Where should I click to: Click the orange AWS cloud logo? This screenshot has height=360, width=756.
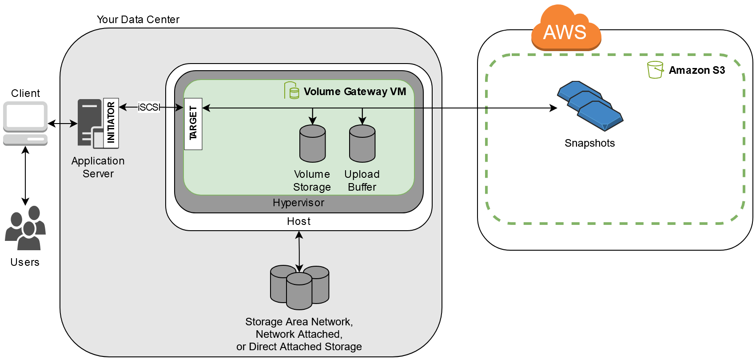565,29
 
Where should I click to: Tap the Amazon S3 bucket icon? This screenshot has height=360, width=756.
655,70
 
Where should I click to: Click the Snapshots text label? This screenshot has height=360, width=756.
589,143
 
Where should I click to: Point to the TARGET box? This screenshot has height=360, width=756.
193,124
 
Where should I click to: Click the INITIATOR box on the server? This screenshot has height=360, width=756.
111,123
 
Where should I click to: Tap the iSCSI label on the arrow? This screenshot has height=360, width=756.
148,107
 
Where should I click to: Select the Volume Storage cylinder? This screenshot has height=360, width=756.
312,144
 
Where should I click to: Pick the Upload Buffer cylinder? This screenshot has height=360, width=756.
362,144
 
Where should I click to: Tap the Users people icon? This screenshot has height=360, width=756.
25,228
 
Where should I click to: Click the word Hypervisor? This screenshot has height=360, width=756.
298,203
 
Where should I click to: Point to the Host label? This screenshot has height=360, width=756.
298,221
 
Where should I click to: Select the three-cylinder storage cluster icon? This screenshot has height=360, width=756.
299,287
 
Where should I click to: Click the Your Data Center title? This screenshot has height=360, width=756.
138,20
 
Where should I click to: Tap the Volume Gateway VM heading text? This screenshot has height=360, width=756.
354,92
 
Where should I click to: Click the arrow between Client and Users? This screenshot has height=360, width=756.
25,176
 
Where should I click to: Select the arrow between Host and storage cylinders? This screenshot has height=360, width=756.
299,251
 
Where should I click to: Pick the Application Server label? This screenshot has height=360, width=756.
98,167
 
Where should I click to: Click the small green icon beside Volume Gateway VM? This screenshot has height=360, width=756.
291,91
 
